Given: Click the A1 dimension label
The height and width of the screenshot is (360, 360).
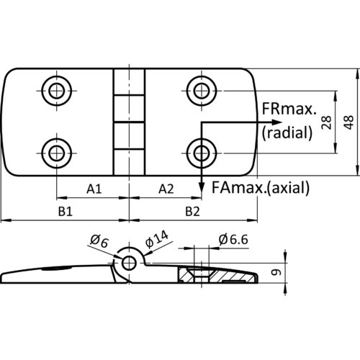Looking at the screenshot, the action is [94, 189].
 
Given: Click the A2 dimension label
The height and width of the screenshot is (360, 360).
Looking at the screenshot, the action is [166, 189].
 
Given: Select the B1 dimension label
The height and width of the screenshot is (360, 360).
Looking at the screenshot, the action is [66, 212].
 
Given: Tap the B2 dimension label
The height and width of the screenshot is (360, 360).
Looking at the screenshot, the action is [192, 212].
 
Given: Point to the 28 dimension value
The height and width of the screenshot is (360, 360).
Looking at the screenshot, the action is [326, 122].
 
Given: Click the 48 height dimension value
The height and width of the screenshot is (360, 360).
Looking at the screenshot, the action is [348, 122].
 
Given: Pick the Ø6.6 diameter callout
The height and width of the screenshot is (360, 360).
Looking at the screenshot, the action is [233, 240].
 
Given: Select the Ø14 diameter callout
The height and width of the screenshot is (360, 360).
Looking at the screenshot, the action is [157, 239].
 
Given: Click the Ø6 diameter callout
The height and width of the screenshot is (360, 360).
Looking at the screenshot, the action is [99, 241].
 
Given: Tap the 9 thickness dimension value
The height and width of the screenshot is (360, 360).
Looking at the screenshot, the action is [276, 272].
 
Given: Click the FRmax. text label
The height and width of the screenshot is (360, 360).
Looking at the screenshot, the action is [289, 109].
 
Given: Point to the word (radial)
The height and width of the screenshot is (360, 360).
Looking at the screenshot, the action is [287, 132].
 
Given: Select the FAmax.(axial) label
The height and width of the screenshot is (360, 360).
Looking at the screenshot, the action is [261, 187].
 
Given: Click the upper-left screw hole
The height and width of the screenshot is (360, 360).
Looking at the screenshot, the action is [57, 91].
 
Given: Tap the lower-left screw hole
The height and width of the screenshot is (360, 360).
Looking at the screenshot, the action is [57, 153].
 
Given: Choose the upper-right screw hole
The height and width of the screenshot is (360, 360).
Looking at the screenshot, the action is [202, 91].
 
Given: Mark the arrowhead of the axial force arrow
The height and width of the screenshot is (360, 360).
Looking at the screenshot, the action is [202, 187].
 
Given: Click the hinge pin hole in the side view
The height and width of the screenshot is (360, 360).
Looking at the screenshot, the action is [129, 263].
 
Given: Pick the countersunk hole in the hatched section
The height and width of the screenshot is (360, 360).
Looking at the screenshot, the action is [201, 275].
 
